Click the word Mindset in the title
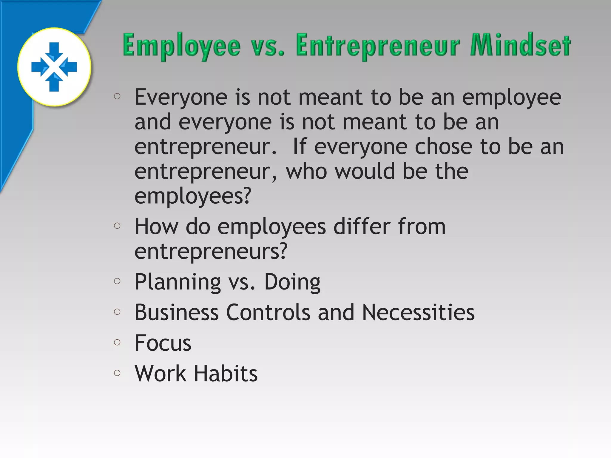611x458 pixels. coord(520,45)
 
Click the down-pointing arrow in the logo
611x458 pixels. coord(54,52)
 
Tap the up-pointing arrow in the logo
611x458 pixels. coord(54,82)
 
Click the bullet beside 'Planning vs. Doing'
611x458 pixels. coord(117,281)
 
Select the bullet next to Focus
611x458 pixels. coord(117,342)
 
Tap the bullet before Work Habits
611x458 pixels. coord(117,373)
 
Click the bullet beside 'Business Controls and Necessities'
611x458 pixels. coord(117,312)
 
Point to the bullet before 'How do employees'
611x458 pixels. coord(117,226)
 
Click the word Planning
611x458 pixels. coord(178,282)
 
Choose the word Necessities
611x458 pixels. coord(418,312)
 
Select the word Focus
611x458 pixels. coord(163,343)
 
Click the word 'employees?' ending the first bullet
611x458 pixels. coord(193,196)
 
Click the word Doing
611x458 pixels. coord(292,282)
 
